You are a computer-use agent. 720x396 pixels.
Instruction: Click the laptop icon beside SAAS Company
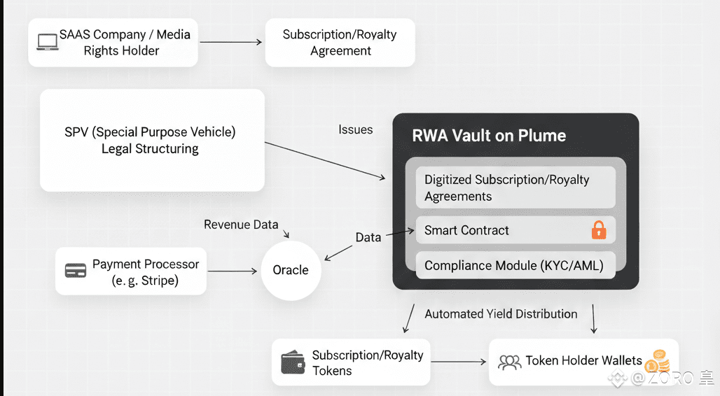click(48, 42)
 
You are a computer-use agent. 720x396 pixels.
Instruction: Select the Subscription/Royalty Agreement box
click(340, 43)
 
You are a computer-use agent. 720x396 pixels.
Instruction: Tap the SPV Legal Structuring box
click(152, 140)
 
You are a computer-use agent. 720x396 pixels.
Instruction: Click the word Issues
click(356, 129)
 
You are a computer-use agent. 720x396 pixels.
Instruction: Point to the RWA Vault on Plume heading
click(489, 136)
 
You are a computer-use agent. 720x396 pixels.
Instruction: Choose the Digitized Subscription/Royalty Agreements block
click(515, 188)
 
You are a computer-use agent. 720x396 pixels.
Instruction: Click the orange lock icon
click(599, 230)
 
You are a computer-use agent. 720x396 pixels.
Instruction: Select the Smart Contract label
click(466, 230)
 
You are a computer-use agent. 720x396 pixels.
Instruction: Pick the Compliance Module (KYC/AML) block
click(515, 266)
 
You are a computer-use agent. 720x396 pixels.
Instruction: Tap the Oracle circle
click(291, 271)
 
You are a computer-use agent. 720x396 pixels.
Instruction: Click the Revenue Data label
click(241, 225)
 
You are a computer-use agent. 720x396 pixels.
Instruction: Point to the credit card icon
click(76, 271)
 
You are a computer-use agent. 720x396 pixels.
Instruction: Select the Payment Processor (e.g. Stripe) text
click(145, 272)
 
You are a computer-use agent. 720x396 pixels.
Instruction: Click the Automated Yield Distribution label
click(501, 314)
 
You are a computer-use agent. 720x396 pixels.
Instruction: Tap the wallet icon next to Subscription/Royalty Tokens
click(293, 362)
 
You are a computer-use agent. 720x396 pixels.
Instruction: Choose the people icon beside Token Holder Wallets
click(509, 362)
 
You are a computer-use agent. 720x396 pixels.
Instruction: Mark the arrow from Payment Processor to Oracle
click(233, 271)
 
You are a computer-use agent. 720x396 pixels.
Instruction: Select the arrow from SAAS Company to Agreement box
click(230, 42)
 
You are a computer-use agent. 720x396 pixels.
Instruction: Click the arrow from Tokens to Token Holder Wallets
click(459, 362)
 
